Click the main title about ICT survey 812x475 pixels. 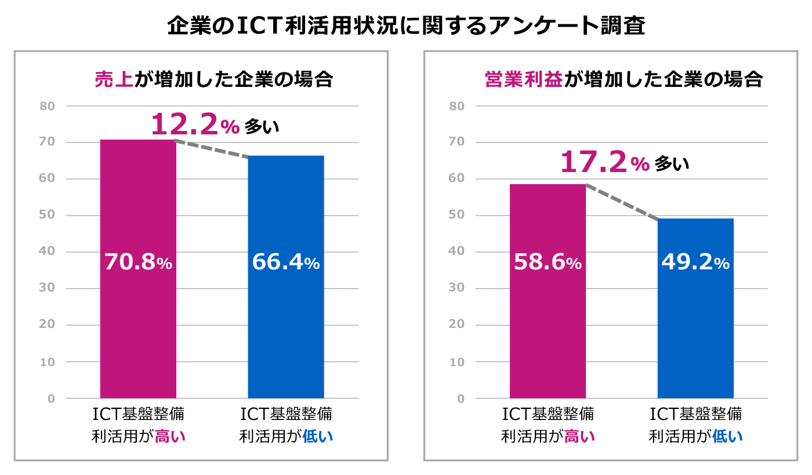406,26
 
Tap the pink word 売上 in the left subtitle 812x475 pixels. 114,79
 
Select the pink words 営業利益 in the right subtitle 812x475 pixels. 523,79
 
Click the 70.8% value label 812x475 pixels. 138,262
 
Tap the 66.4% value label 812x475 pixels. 286,262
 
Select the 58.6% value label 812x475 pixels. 548,262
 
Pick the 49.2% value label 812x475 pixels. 695,262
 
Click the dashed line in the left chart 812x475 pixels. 212,148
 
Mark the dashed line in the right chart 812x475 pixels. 622,202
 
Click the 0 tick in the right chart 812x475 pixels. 461,399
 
